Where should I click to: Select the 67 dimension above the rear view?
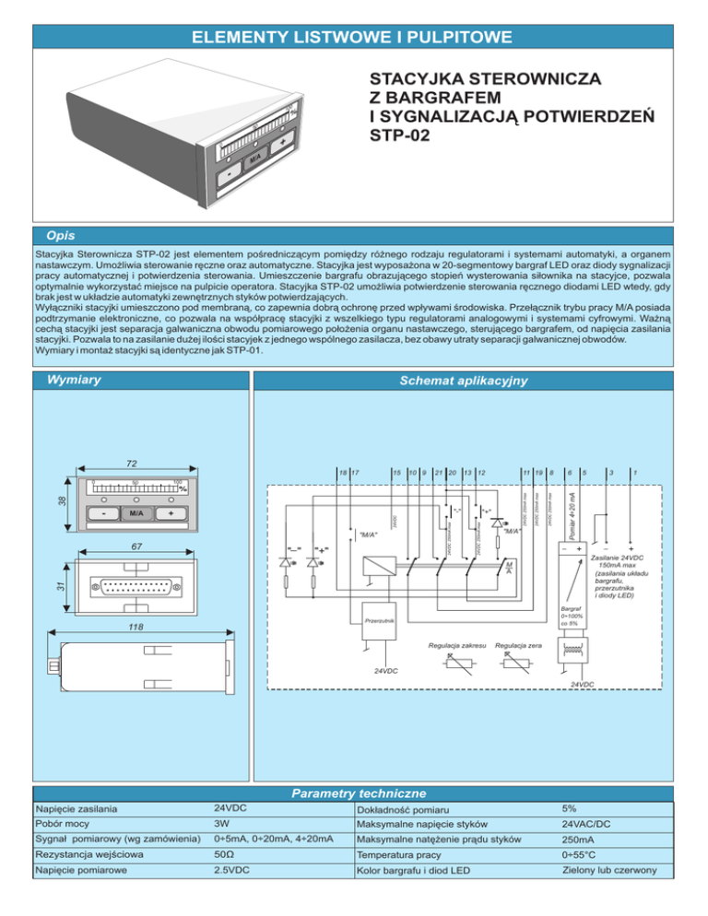[x=136, y=546]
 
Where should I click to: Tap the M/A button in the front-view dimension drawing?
[x=136, y=511]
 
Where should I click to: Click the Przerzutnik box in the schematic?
[x=379, y=621]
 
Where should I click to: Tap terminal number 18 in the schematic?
[x=343, y=473]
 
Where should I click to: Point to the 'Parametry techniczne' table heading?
[x=358, y=793]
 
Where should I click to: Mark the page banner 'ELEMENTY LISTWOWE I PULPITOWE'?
[x=353, y=37]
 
